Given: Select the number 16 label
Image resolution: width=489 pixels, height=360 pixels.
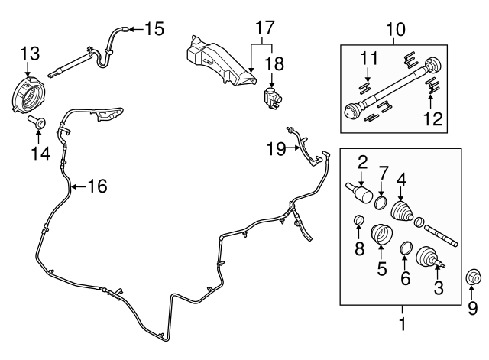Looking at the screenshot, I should (x=96, y=185).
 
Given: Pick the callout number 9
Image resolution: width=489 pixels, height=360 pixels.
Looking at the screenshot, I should (x=471, y=307).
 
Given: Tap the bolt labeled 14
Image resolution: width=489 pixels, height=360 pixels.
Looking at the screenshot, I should (x=38, y=122).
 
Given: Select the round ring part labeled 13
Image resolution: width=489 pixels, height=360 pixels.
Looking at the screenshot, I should (x=28, y=94).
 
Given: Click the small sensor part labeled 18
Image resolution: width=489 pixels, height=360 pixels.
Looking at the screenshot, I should (x=271, y=97).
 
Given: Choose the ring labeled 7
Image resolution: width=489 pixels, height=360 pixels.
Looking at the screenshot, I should (x=379, y=202).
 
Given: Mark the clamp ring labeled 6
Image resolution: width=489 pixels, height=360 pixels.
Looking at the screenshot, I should (x=406, y=248).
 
